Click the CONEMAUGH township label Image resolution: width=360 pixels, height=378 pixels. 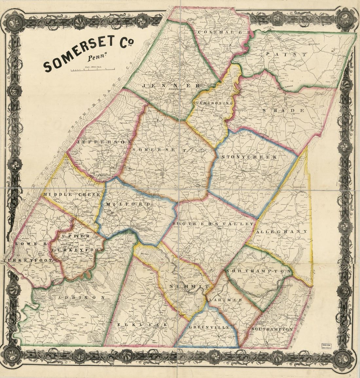pos(225,33)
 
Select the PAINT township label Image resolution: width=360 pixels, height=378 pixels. pos(286,54)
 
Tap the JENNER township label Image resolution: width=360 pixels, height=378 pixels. pos(171,85)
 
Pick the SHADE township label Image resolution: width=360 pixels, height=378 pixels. pos(283,111)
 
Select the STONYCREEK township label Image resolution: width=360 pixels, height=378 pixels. pos(249,157)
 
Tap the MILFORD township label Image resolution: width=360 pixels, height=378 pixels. pos(128,204)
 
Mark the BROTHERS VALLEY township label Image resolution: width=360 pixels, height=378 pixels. pos(213,224)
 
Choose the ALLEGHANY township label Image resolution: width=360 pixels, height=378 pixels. pos(282,231)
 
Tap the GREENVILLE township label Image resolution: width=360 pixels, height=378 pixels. pos(209,327)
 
